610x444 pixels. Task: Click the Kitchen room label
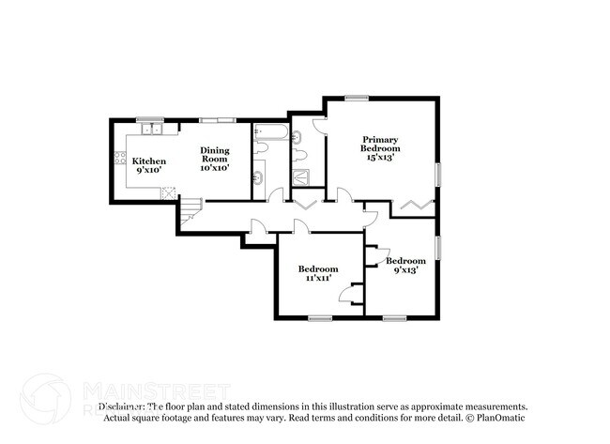pyautogui.click(x=148, y=161)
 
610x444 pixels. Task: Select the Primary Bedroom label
pyautogui.click(x=380, y=144)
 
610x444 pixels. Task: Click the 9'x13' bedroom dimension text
pyautogui.click(x=405, y=271)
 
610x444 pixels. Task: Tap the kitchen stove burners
pyautogui.click(x=119, y=160)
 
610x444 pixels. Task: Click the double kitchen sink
pyautogui.click(x=153, y=129)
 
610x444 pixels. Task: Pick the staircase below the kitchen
pyautogui.click(x=191, y=210)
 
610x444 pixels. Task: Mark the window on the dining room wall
pyautogui.click(x=217, y=119)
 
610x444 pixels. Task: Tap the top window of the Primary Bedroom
pyautogui.click(x=356, y=97)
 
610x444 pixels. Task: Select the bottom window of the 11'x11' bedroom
pyautogui.click(x=320, y=317)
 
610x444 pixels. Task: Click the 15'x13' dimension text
pyautogui.click(x=381, y=158)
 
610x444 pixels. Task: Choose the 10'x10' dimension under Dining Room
pyautogui.click(x=215, y=167)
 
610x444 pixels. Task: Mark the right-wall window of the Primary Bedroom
pyautogui.click(x=437, y=177)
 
